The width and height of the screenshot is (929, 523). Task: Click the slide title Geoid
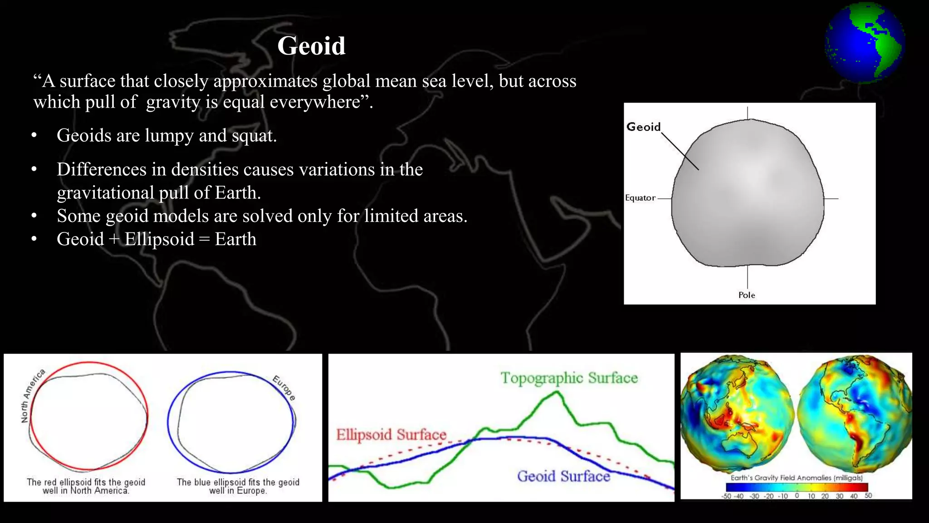(x=311, y=46)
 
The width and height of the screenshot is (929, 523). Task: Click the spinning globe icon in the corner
(x=865, y=43)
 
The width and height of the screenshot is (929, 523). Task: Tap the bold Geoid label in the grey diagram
(x=643, y=127)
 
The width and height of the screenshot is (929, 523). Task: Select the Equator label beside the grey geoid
(x=640, y=198)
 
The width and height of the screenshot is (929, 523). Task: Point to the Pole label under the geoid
(x=747, y=295)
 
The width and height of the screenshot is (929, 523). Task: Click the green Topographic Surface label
(x=569, y=378)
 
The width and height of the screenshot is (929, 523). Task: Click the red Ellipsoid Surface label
(x=391, y=434)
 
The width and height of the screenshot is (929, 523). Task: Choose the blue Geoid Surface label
(x=563, y=476)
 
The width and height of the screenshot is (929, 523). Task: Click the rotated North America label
(x=33, y=396)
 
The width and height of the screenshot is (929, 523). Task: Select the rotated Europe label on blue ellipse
(x=284, y=388)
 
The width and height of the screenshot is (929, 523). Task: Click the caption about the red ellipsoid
(x=86, y=486)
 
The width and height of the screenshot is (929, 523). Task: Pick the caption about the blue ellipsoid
(x=238, y=486)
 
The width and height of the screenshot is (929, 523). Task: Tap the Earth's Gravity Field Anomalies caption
(x=797, y=478)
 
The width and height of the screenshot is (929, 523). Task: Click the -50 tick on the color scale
(x=727, y=496)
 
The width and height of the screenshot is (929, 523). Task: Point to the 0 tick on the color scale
(x=797, y=496)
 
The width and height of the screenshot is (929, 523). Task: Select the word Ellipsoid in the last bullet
(x=159, y=239)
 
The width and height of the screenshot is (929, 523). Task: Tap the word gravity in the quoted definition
(x=173, y=102)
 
